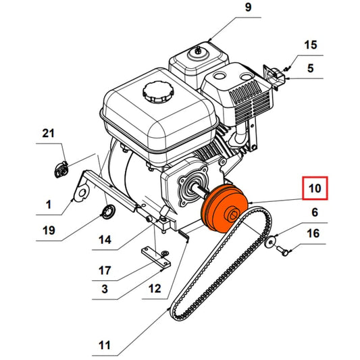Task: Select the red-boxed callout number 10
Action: (x=315, y=188)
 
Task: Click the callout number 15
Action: (x=310, y=45)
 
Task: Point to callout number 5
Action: (x=310, y=68)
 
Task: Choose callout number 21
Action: (x=48, y=134)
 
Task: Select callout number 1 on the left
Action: (x=48, y=203)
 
